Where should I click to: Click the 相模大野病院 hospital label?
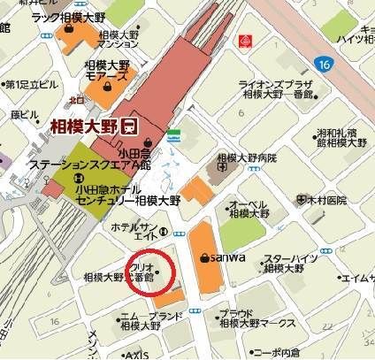click(x=247, y=157)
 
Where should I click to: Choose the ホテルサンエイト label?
click(x=134, y=232)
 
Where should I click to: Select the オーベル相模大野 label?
click(x=249, y=208)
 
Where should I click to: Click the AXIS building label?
click(x=136, y=354)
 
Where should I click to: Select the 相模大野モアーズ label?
click(x=107, y=72)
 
